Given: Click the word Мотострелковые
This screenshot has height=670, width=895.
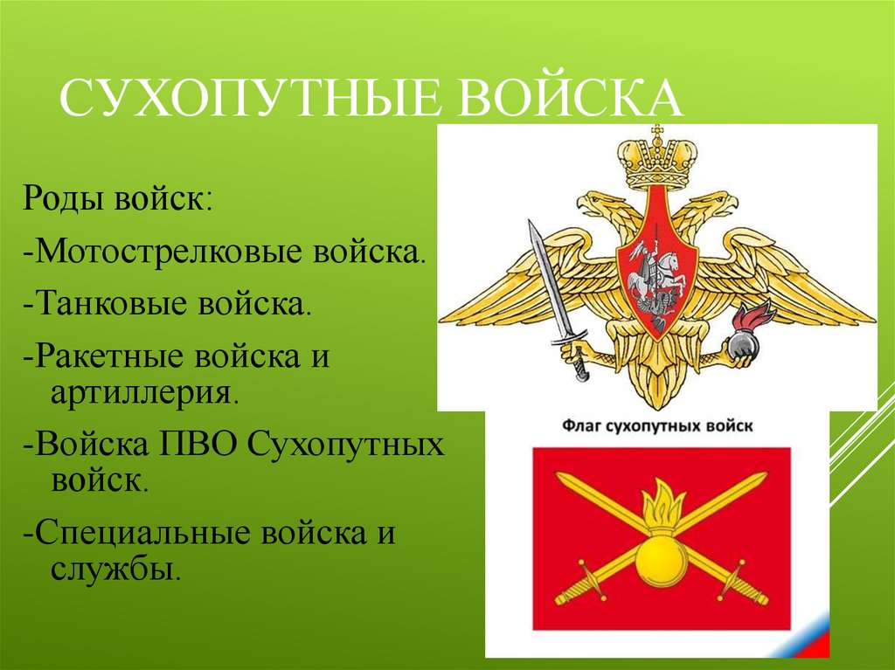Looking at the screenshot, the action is [x=169, y=252].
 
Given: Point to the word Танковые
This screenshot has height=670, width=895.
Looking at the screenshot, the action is [x=113, y=303].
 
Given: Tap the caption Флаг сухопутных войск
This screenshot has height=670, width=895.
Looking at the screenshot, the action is [x=657, y=426].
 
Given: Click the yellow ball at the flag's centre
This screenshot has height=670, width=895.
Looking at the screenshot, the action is [x=661, y=563].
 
